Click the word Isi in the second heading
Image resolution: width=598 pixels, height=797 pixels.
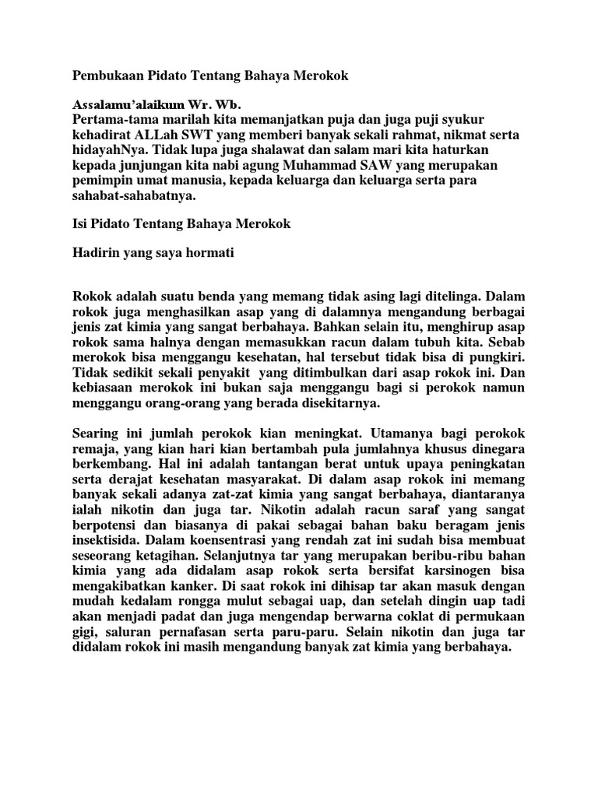pos(80,224)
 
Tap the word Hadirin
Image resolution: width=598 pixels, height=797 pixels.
pos(97,253)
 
